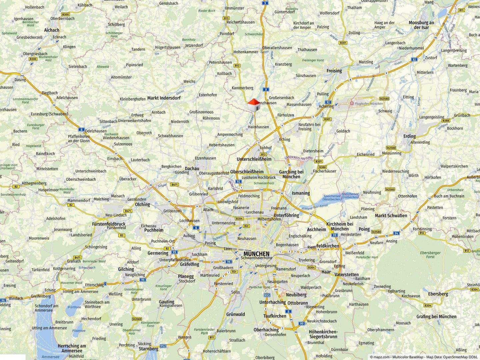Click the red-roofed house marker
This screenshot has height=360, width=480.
click(x=254, y=105)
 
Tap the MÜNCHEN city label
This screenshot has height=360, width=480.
click(x=256, y=254)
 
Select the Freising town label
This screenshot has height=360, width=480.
click(x=334, y=71)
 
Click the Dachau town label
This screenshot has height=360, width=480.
click(x=192, y=169)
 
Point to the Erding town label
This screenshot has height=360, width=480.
click(x=409, y=136)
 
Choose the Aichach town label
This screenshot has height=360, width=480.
click(x=52, y=30)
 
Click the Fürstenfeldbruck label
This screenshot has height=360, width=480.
click(x=109, y=224)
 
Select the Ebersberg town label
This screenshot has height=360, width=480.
click(x=438, y=294)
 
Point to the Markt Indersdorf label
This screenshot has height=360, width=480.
click(x=164, y=98)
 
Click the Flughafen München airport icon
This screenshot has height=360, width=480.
click(x=351, y=104)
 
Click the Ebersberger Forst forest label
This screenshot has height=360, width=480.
click(x=430, y=255)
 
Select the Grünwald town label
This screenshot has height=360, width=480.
click(x=235, y=314)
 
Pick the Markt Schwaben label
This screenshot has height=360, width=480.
click(x=391, y=215)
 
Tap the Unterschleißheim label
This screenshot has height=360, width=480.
click(x=254, y=159)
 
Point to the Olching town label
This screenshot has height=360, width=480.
click(x=142, y=204)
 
